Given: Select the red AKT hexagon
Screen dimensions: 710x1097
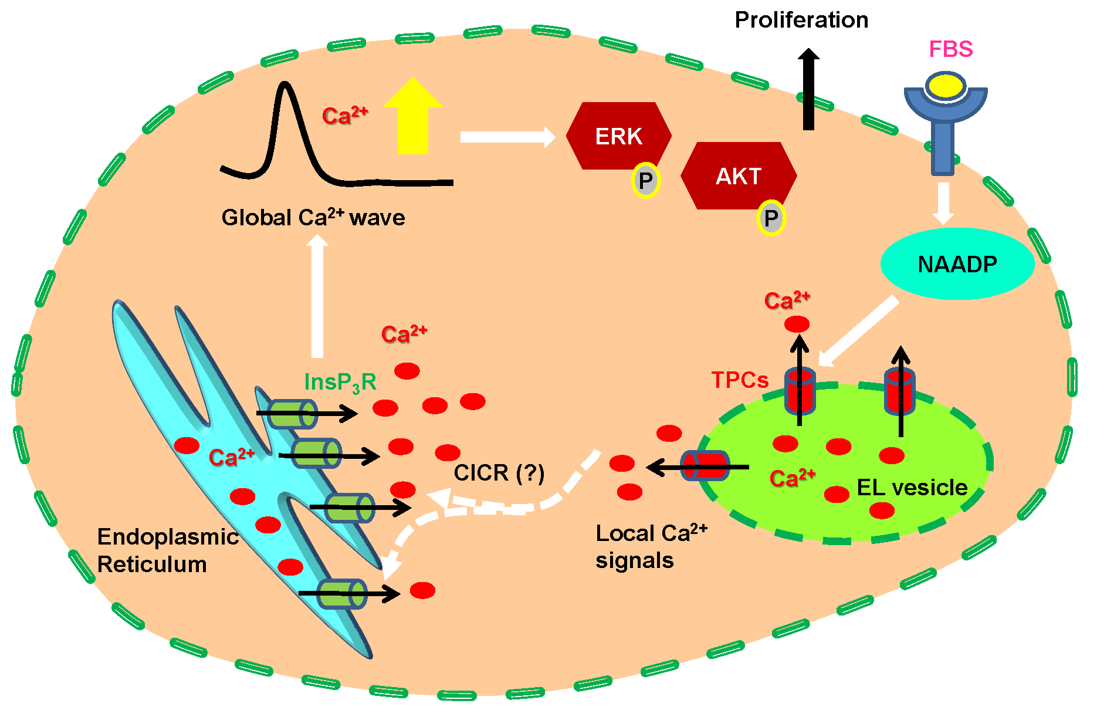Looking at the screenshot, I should [739, 175].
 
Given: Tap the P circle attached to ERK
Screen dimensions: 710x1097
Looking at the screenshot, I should [645, 181].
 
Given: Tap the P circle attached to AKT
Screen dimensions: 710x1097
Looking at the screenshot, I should [771, 218].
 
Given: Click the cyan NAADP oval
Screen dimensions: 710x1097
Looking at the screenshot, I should [957, 264].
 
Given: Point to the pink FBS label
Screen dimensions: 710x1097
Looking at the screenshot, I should [950, 49].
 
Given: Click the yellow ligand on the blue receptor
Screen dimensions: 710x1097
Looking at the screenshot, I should [946, 86].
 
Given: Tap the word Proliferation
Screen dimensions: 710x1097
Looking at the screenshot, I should [801, 21].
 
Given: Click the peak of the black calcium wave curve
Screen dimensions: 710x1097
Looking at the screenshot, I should [286, 85].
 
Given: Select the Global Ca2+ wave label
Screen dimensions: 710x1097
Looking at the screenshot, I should [313, 218].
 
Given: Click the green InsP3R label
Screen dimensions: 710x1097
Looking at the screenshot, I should [340, 383].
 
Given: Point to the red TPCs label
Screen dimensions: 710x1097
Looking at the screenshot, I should [739, 380].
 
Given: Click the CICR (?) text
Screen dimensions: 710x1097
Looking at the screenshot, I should [499, 472].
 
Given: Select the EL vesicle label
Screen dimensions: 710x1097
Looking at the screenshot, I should [912, 488].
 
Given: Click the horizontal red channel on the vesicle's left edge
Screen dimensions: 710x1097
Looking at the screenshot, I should [706, 466].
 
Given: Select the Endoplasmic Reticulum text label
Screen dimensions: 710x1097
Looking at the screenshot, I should [167, 550].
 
